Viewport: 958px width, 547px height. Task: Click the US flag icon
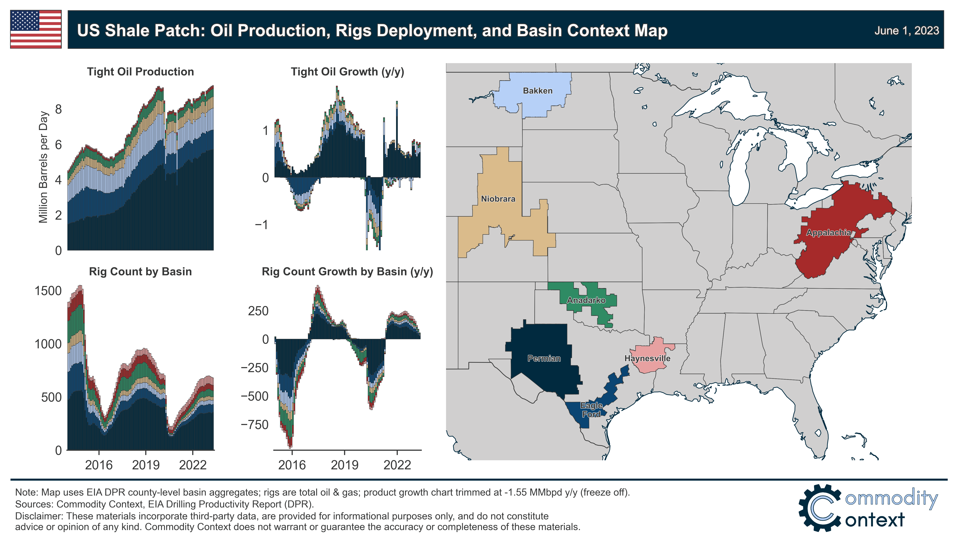point(36,29)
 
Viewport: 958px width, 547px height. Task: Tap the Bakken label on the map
point(537,91)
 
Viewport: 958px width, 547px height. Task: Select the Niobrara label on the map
point(498,199)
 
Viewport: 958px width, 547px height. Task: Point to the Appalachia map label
point(828,233)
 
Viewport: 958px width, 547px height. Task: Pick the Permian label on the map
point(544,358)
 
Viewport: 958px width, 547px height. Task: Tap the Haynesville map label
point(647,358)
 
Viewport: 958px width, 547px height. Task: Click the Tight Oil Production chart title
point(141,72)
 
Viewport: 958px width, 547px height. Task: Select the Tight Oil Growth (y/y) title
point(347,72)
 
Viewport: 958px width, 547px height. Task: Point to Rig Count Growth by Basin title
point(347,272)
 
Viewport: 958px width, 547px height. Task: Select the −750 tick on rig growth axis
point(255,425)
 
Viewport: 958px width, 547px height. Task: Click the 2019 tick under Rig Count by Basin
point(146,465)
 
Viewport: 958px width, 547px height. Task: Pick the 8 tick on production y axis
point(58,109)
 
